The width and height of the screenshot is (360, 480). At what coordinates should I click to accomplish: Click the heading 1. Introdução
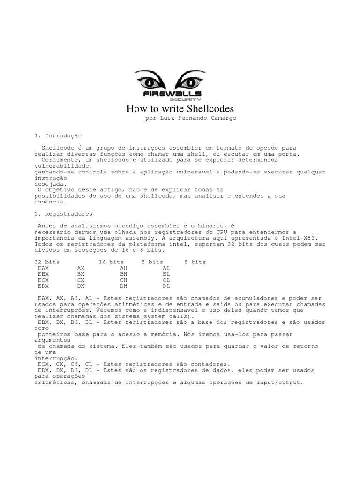(58, 135)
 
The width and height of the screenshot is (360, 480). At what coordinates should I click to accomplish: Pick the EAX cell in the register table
(43, 268)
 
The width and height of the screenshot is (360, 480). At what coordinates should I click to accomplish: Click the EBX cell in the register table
(43, 274)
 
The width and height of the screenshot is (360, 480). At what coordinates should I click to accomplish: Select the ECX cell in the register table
(43, 280)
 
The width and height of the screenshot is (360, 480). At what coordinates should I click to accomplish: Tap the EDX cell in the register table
(43, 286)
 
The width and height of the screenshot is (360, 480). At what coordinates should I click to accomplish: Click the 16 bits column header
(111, 262)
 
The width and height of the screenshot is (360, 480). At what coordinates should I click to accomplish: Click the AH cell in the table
(124, 268)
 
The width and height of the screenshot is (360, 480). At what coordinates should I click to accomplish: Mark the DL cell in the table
(166, 286)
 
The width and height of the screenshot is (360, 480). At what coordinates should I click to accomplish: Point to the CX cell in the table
(81, 280)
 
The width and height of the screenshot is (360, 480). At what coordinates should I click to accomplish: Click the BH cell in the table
(124, 274)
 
